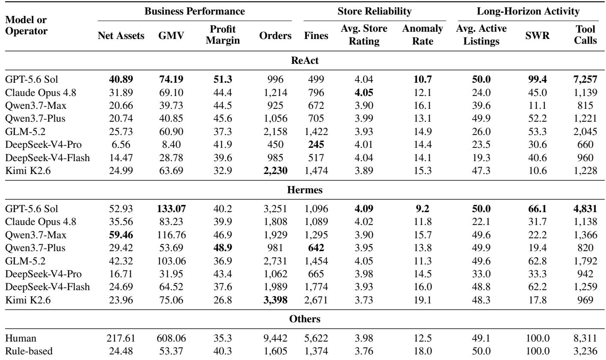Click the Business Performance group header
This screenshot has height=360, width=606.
tap(194, 12)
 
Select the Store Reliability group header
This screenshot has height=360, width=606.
tap(374, 12)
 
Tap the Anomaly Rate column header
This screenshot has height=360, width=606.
tap(422, 35)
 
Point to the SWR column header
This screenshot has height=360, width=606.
tap(537, 36)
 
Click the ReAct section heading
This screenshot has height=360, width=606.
tap(304, 60)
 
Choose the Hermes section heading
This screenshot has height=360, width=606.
tap(304, 190)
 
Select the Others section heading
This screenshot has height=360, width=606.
tap(304, 319)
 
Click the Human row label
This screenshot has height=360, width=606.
tap(21, 338)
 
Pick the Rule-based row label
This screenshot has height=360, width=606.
tap(29, 351)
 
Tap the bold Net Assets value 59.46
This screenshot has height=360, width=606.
tap(121, 235)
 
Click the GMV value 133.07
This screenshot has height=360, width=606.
tap(171, 209)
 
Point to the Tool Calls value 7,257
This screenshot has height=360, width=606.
tap(585, 79)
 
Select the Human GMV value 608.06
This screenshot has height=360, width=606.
tap(171, 338)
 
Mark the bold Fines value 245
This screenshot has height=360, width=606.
tap(316, 144)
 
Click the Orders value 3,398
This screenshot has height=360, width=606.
tap(275, 300)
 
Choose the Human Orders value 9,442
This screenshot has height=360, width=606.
tap(275, 338)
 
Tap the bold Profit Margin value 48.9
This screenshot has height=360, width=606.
tap(223, 248)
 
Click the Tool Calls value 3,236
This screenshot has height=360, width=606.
tap(585, 351)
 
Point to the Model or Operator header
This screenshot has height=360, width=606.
tap(26, 25)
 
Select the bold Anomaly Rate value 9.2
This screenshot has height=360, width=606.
tap(422, 209)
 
